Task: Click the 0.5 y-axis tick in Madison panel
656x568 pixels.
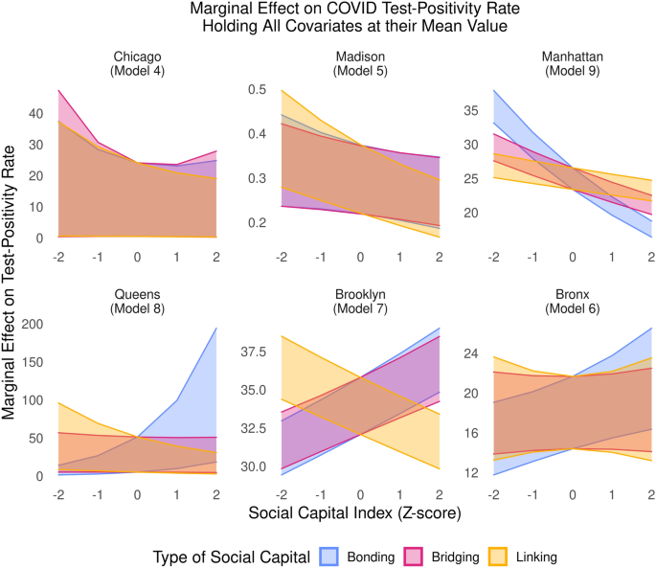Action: [x=254, y=89]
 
